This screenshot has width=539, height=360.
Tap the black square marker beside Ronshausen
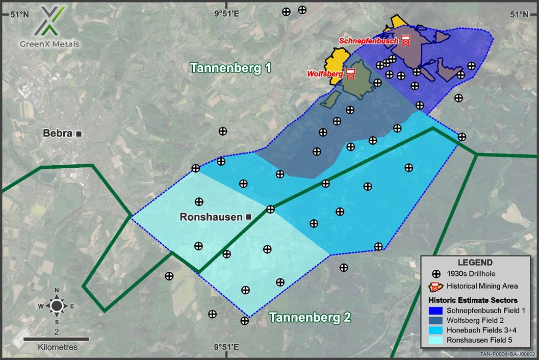249,217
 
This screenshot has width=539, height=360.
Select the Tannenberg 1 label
230,68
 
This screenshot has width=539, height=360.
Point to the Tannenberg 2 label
310,317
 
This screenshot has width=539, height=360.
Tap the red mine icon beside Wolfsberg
351,74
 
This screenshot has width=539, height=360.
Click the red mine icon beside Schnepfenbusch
406,40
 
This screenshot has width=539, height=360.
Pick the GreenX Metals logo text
50,44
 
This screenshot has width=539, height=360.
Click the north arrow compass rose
57,305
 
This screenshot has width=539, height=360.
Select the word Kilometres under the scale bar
58,347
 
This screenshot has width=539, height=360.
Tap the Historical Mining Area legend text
482,286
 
